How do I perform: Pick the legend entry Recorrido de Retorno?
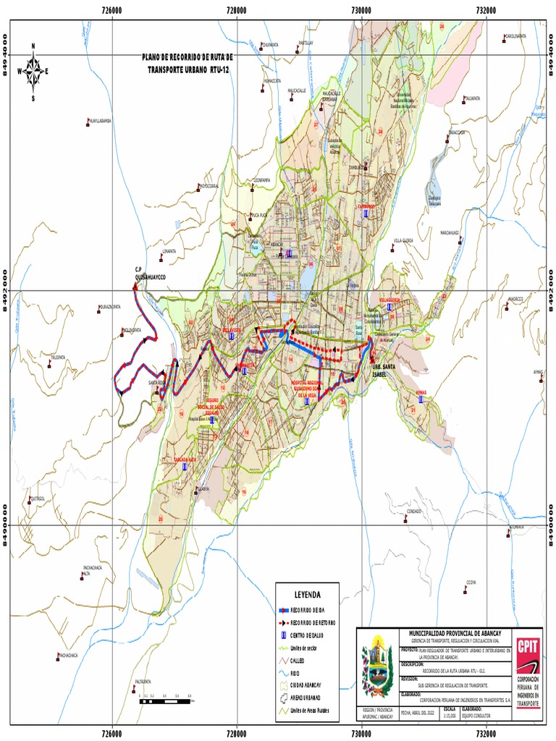308,622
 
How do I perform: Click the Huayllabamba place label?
98,121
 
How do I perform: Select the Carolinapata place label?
515,35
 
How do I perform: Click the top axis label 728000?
237,10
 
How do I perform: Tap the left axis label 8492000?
10,290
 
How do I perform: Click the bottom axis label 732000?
486,731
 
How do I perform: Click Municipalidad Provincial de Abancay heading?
449,632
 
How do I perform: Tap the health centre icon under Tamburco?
366,214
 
